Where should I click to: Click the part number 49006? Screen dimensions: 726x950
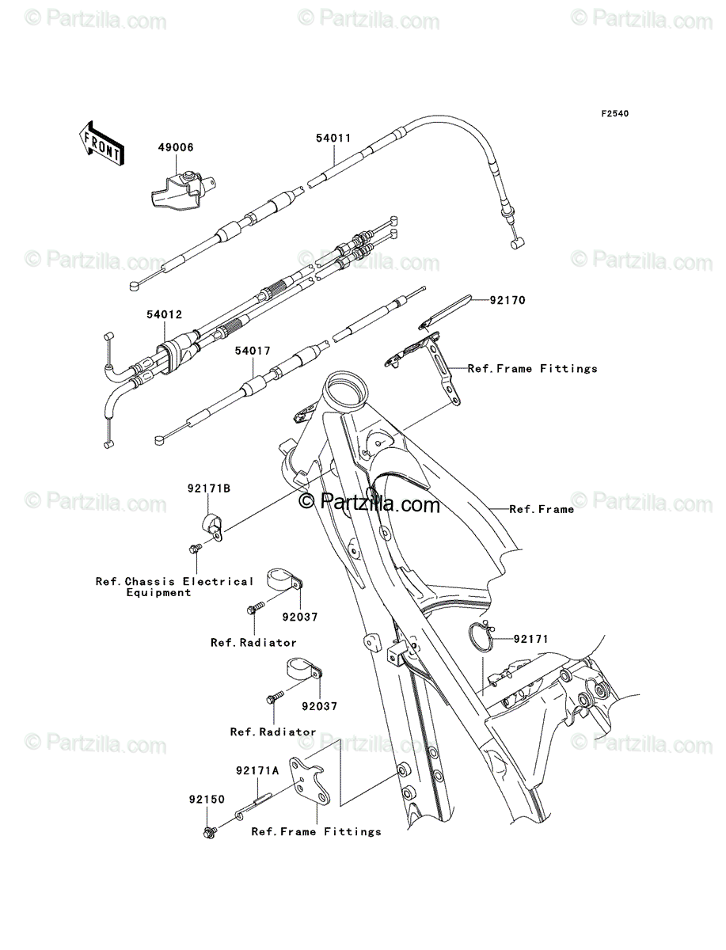(176, 147)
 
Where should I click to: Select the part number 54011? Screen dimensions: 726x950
(333, 138)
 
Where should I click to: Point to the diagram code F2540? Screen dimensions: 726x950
(615, 114)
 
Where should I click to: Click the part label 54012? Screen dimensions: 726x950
(165, 314)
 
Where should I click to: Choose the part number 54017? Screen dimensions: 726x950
(253, 351)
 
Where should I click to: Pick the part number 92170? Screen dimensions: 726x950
(507, 300)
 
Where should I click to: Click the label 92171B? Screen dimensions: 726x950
(209, 488)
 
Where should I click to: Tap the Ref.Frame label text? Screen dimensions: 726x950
(542, 509)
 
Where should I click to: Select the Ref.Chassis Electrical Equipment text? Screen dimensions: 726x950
(174, 587)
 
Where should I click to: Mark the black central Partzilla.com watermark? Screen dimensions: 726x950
(369, 503)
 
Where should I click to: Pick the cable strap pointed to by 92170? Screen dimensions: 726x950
(445, 312)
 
